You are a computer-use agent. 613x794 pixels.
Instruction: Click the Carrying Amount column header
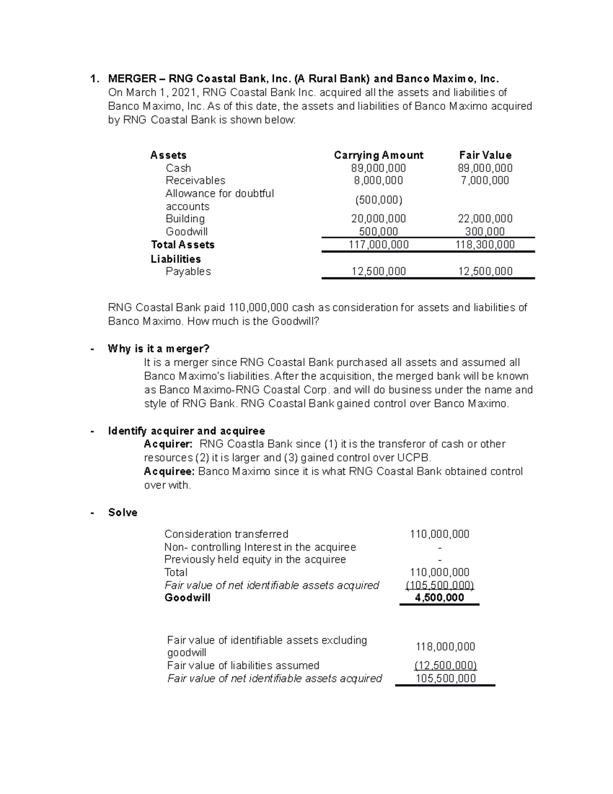point(378,155)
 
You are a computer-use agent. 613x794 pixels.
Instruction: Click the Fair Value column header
point(485,155)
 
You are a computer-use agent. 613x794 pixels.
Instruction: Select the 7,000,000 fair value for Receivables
point(485,180)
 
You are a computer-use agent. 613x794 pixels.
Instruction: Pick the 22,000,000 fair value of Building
point(485,219)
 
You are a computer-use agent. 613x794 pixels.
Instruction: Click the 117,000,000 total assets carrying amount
point(378,245)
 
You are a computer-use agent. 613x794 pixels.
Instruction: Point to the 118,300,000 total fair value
point(485,245)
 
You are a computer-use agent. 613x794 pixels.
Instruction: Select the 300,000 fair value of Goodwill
point(485,232)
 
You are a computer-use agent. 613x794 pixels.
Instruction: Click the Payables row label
point(188,271)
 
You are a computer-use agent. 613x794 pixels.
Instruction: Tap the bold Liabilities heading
point(176,259)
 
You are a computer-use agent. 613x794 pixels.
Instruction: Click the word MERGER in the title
point(132,79)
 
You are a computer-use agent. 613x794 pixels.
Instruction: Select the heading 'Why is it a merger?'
point(158,349)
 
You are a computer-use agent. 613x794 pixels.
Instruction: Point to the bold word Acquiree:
point(169,471)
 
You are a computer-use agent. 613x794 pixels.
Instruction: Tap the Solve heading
point(123,513)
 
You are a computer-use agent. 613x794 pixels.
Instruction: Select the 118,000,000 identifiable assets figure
point(445,647)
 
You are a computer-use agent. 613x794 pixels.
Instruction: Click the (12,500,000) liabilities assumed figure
point(445,666)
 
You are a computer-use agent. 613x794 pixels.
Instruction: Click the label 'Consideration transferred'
point(226,534)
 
